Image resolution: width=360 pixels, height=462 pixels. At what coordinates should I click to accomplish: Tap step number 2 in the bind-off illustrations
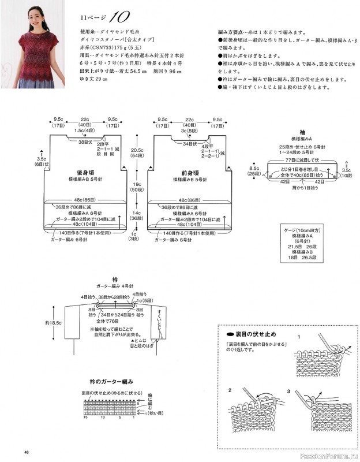(230, 390)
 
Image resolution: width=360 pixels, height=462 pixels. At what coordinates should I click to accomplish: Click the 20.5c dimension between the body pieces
(137, 149)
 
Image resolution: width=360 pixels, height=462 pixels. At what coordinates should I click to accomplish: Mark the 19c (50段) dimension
(137, 186)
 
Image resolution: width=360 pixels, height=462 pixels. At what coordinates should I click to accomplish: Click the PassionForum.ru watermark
(329, 455)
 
